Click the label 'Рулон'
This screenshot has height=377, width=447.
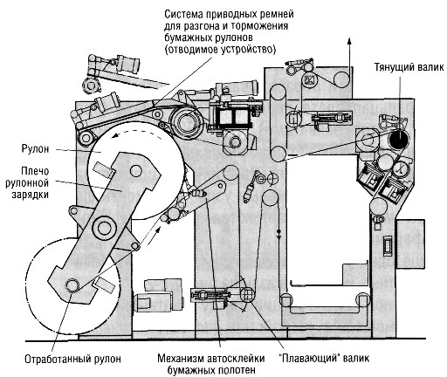[x=35, y=148]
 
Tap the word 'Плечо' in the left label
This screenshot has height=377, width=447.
[x=35, y=171]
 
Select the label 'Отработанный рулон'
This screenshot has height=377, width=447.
[x=72, y=359]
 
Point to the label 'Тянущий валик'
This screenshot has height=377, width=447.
[x=409, y=67]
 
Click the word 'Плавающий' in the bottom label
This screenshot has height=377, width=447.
[x=312, y=358]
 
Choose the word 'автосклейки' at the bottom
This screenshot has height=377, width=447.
[x=236, y=358]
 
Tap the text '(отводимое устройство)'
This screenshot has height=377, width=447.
[x=220, y=50]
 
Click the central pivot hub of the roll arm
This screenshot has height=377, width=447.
[x=104, y=228]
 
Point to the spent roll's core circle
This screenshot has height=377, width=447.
[x=72, y=285]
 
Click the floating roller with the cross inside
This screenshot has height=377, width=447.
[x=247, y=294]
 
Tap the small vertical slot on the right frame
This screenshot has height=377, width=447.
[x=388, y=246]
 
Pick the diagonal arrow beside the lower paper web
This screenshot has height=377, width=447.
[x=155, y=236]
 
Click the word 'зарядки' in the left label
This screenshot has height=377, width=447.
[x=30, y=195]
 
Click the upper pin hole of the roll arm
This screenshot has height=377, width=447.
[x=136, y=171]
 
